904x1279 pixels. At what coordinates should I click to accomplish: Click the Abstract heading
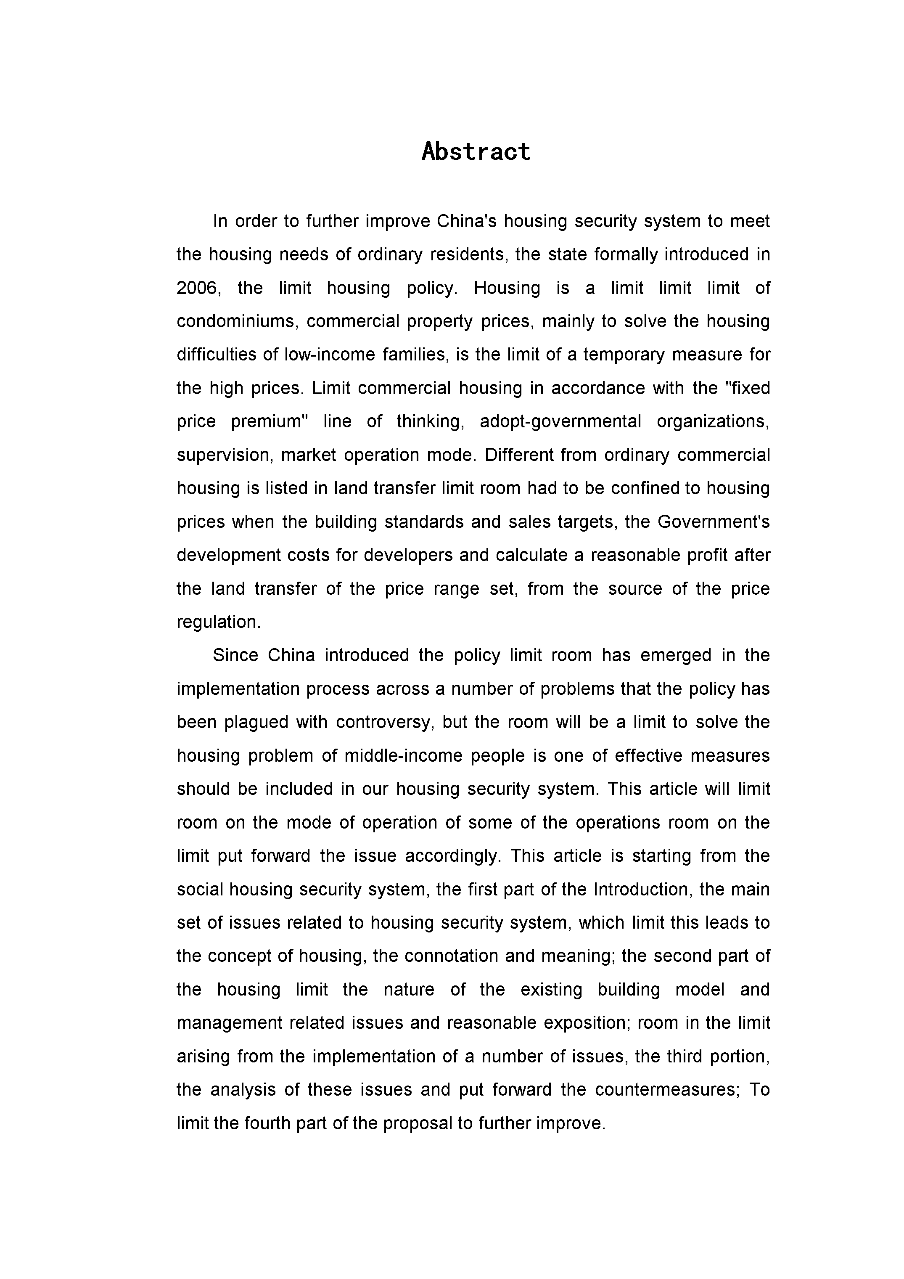pyautogui.click(x=476, y=151)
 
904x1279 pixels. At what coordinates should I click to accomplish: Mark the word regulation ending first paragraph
pyautogui.click(x=218, y=622)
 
